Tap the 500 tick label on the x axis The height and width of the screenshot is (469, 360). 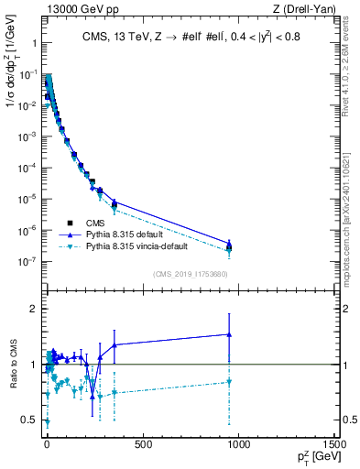point(142,445)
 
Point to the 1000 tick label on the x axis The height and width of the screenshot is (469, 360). point(238,445)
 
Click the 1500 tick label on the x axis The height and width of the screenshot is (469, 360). point(335,445)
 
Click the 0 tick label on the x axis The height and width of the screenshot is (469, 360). point(47,445)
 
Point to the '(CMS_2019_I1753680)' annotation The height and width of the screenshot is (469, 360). point(191,274)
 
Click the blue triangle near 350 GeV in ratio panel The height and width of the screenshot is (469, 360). point(114,344)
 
